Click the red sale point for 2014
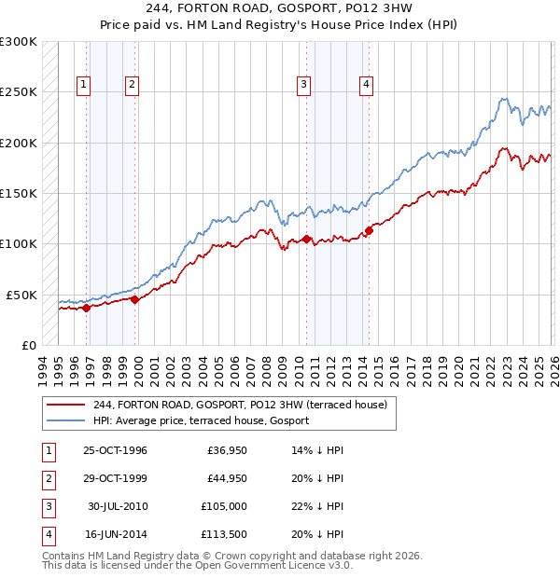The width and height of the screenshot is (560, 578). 369,230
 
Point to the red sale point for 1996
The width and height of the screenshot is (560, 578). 87,308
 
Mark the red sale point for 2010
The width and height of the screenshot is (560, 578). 307,240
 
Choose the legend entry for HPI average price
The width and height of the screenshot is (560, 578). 201,421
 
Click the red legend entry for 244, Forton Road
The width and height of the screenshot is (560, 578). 245,405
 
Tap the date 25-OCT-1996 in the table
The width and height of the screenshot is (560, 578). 115,451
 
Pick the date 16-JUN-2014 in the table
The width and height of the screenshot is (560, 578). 115,534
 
